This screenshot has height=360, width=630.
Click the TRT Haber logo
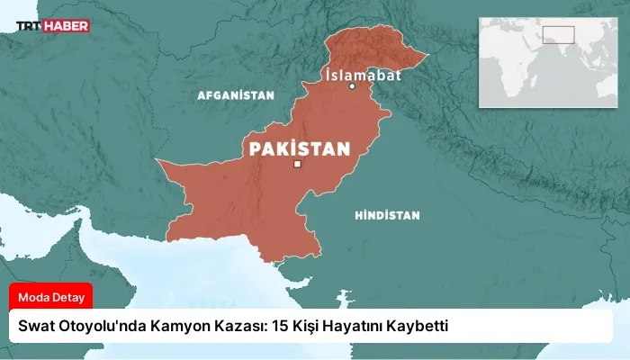click(52, 26)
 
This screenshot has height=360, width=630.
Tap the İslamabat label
click(363, 75)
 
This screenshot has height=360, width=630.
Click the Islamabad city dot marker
click(353, 86)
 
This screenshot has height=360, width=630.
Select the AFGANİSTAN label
click(235, 94)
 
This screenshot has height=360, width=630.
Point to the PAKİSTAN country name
click(299, 147)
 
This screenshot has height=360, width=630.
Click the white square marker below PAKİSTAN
click(297, 164)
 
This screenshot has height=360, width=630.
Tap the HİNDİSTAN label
click(387, 216)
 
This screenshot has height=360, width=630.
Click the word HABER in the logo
click(68, 26)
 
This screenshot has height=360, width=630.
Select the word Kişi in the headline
click(307, 325)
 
